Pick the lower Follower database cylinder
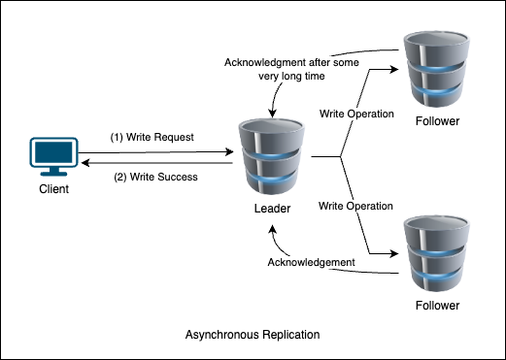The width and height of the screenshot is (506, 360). tap(433, 252)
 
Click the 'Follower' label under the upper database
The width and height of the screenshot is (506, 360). tap(434, 121)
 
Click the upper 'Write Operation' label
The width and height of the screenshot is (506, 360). tap(356, 115)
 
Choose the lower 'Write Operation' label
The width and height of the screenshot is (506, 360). tap(356, 206)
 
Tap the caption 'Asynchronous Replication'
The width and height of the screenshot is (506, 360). tap(253, 335)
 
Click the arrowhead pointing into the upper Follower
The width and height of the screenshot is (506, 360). tap(393, 69)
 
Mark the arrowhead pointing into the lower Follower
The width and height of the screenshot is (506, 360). tap(393, 253)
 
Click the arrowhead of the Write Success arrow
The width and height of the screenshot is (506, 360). tap(84, 164)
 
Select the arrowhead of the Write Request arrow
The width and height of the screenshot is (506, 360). tap(228, 151)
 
